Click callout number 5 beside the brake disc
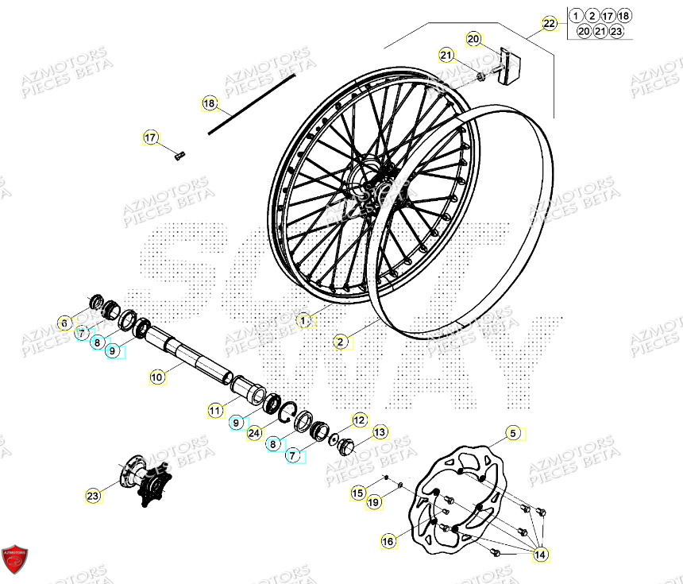[x=513, y=433]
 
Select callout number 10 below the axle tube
[x=157, y=377]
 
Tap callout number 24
[x=253, y=433]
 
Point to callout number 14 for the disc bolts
[x=541, y=554]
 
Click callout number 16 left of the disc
[x=388, y=541]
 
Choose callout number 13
[x=380, y=431]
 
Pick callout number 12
[x=359, y=420]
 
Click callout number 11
[x=215, y=410]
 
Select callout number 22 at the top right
[x=550, y=23]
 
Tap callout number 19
[x=374, y=501]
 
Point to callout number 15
[x=358, y=493]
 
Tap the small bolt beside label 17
[x=179, y=156]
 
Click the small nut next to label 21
[x=481, y=77]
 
